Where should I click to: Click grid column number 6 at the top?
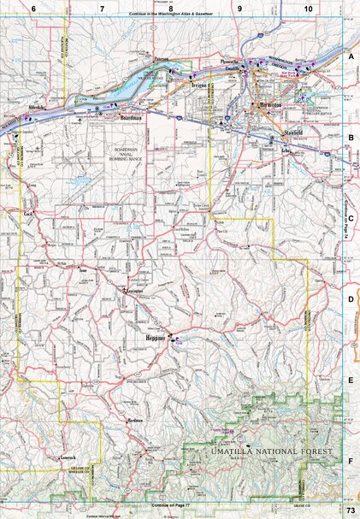tap(32, 7)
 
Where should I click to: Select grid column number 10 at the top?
tap(308, 7)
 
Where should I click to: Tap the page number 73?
tap(351, 511)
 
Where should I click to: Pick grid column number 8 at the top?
tap(170, 7)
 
